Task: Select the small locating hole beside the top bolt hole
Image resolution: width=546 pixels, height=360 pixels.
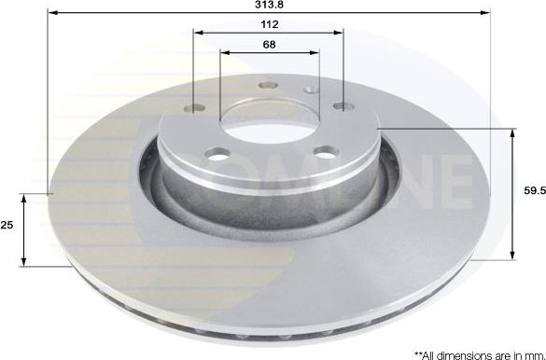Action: click(310, 90)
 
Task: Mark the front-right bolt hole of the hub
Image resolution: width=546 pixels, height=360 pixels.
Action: click(325, 151)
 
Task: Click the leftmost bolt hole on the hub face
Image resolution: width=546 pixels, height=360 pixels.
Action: click(194, 108)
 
